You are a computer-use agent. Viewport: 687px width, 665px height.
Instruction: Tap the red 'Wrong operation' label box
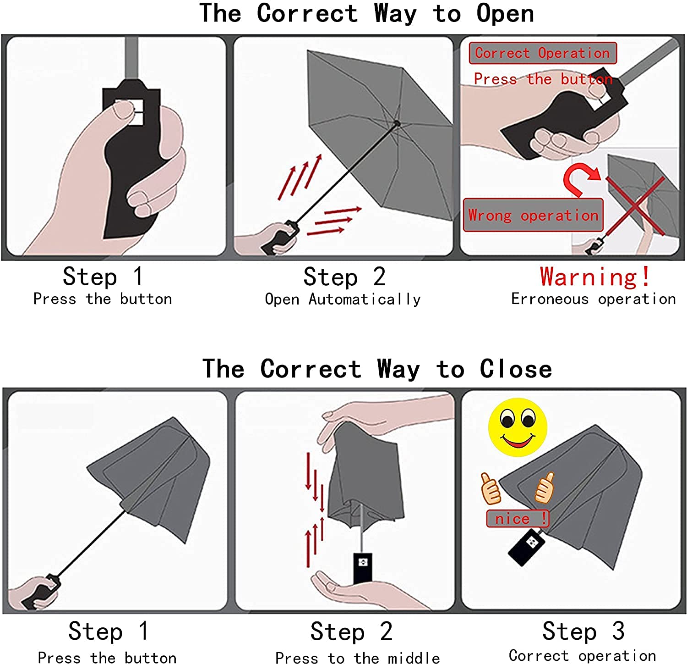pyautogui.click(x=533, y=215)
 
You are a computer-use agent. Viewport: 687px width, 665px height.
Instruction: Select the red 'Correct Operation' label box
pyautogui.click(x=543, y=53)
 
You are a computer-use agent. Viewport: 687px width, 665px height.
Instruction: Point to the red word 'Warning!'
pyautogui.click(x=595, y=277)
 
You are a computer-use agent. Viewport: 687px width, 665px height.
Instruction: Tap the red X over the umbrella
pyautogui.click(x=635, y=206)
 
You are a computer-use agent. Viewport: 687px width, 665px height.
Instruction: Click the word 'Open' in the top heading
pyautogui.click(x=505, y=14)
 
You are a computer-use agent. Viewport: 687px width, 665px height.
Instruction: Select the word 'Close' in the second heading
pyautogui.click(x=516, y=369)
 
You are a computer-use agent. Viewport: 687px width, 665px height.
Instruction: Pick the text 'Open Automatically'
pyautogui.click(x=343, y=299)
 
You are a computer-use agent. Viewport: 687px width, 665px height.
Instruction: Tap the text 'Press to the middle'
pyautogui.click(x=357, y=658)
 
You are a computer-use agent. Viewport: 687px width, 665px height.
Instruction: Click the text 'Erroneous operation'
pyautogui.click(x=593, y=299)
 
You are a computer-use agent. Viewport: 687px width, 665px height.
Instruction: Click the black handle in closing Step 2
pyautogui.click(x=363, y=568)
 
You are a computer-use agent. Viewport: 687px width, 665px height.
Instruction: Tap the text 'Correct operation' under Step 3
pyautogui.click(x=582, y=656)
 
